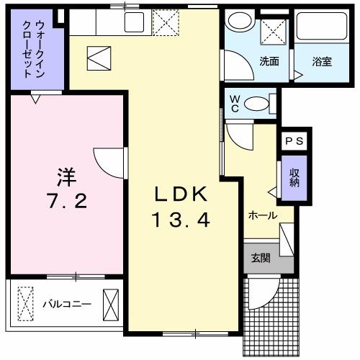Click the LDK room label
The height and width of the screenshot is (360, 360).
pos(182,194)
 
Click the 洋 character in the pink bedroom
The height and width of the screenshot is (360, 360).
pos(68,174)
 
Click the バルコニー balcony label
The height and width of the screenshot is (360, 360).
pos(66,303)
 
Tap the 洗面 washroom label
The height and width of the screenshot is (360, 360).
pos(269,61)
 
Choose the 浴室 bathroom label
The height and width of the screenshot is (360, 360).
pos(322,61)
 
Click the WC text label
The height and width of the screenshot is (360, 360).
pos(234,103)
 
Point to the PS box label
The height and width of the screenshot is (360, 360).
pos(294,142)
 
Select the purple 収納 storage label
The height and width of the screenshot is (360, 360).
pos(294,177)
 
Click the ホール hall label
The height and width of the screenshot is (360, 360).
pos(263,215)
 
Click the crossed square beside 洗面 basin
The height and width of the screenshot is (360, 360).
pos(274,30)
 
